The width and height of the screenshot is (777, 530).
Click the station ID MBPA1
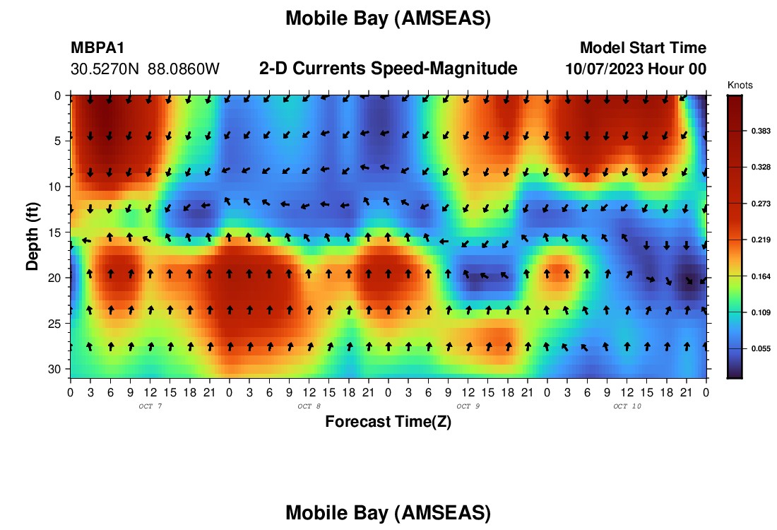coord(97,47)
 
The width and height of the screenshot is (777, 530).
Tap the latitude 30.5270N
coord(105,69)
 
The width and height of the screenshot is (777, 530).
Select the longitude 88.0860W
coord(184,69)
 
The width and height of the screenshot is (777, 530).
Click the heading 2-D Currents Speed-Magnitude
coord(388,69)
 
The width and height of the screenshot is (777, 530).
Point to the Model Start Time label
coord(643,47)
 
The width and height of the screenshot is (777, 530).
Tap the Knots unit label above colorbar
coord(740,86)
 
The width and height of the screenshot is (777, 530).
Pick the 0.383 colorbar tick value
coord(761,131)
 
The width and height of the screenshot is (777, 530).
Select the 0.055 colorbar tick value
coord(761,348)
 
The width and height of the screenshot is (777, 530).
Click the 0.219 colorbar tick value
coord(761,240)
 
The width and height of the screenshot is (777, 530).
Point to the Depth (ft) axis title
coord(32,236)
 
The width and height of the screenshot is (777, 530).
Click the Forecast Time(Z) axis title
coord(388,422)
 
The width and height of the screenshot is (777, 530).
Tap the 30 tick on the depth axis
coord(54,370)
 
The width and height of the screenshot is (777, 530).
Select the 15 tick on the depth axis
coord(54,232)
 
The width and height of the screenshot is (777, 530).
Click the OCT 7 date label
coord(150,406)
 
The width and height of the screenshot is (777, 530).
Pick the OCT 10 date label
coord(627,406)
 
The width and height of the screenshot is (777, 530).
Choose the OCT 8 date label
coord(309,406)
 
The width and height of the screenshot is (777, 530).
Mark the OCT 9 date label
coord(468,406)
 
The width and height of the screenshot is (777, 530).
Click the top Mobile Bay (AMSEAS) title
coord(388,18)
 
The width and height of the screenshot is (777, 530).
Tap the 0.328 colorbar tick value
coord(761,167)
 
